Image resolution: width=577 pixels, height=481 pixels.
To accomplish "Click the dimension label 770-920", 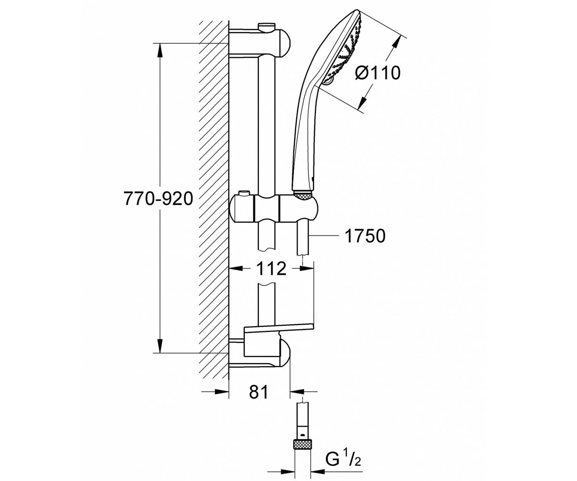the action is coord(158,199).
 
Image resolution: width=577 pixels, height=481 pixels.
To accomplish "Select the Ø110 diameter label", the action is coord(378,73).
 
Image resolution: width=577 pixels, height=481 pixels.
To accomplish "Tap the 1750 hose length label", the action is coord(365,236).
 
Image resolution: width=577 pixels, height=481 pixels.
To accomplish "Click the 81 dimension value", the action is coord(259,392).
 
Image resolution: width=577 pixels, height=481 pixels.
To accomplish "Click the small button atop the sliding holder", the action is coord(244,192).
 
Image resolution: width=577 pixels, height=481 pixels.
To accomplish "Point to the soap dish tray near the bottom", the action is coord(279,327).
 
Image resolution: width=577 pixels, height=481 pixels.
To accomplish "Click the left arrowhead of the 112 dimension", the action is coord(237,268).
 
